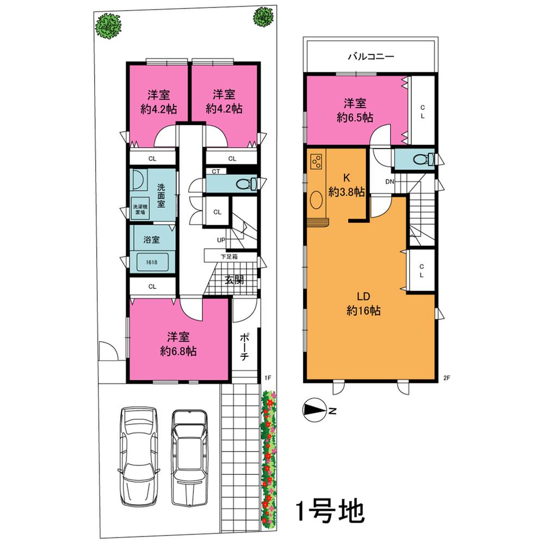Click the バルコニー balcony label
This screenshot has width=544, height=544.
(370, 56)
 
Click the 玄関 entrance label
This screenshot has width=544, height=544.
(234, 280)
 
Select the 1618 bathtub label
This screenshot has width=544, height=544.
(152, 262)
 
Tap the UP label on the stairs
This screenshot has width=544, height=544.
(221, 240)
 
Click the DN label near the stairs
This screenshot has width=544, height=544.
(390, 182)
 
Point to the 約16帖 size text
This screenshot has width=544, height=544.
(363, 311)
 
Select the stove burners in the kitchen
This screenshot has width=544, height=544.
(316, 161)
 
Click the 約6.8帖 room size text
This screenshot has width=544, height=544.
(178, 351)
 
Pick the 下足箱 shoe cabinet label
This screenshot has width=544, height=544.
(228, 256)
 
